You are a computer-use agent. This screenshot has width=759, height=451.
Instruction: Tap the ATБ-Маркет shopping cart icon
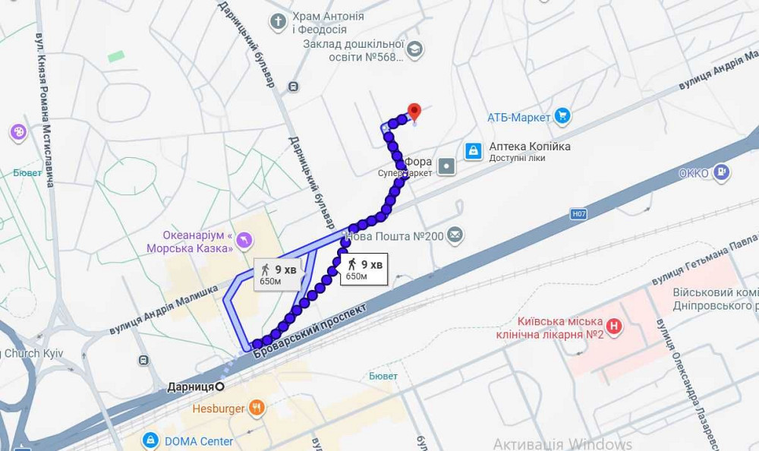pos(562,116)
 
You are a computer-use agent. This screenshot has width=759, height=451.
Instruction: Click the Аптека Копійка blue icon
pos(473,151)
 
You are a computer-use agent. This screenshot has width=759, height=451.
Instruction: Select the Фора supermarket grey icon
pos(446,166)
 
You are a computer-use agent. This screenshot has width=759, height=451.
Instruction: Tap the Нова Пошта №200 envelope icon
pos(455,235)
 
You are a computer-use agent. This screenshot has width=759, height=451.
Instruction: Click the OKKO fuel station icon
pos(722,173)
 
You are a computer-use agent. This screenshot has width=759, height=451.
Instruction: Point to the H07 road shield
pos(579,214)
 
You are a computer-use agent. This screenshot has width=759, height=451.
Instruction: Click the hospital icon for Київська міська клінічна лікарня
pos(614,327)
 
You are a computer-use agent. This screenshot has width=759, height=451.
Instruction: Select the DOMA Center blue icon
pos(150,440)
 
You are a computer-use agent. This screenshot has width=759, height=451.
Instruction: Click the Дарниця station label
pos(191,386)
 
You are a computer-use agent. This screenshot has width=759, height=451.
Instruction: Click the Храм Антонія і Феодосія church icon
pos(279,20)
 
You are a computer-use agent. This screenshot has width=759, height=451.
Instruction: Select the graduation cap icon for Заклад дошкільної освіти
pos(414,50)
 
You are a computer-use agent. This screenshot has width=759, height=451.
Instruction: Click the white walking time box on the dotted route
pos(364,270)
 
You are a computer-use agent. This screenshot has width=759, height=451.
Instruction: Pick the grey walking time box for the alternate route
pos(278,274)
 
